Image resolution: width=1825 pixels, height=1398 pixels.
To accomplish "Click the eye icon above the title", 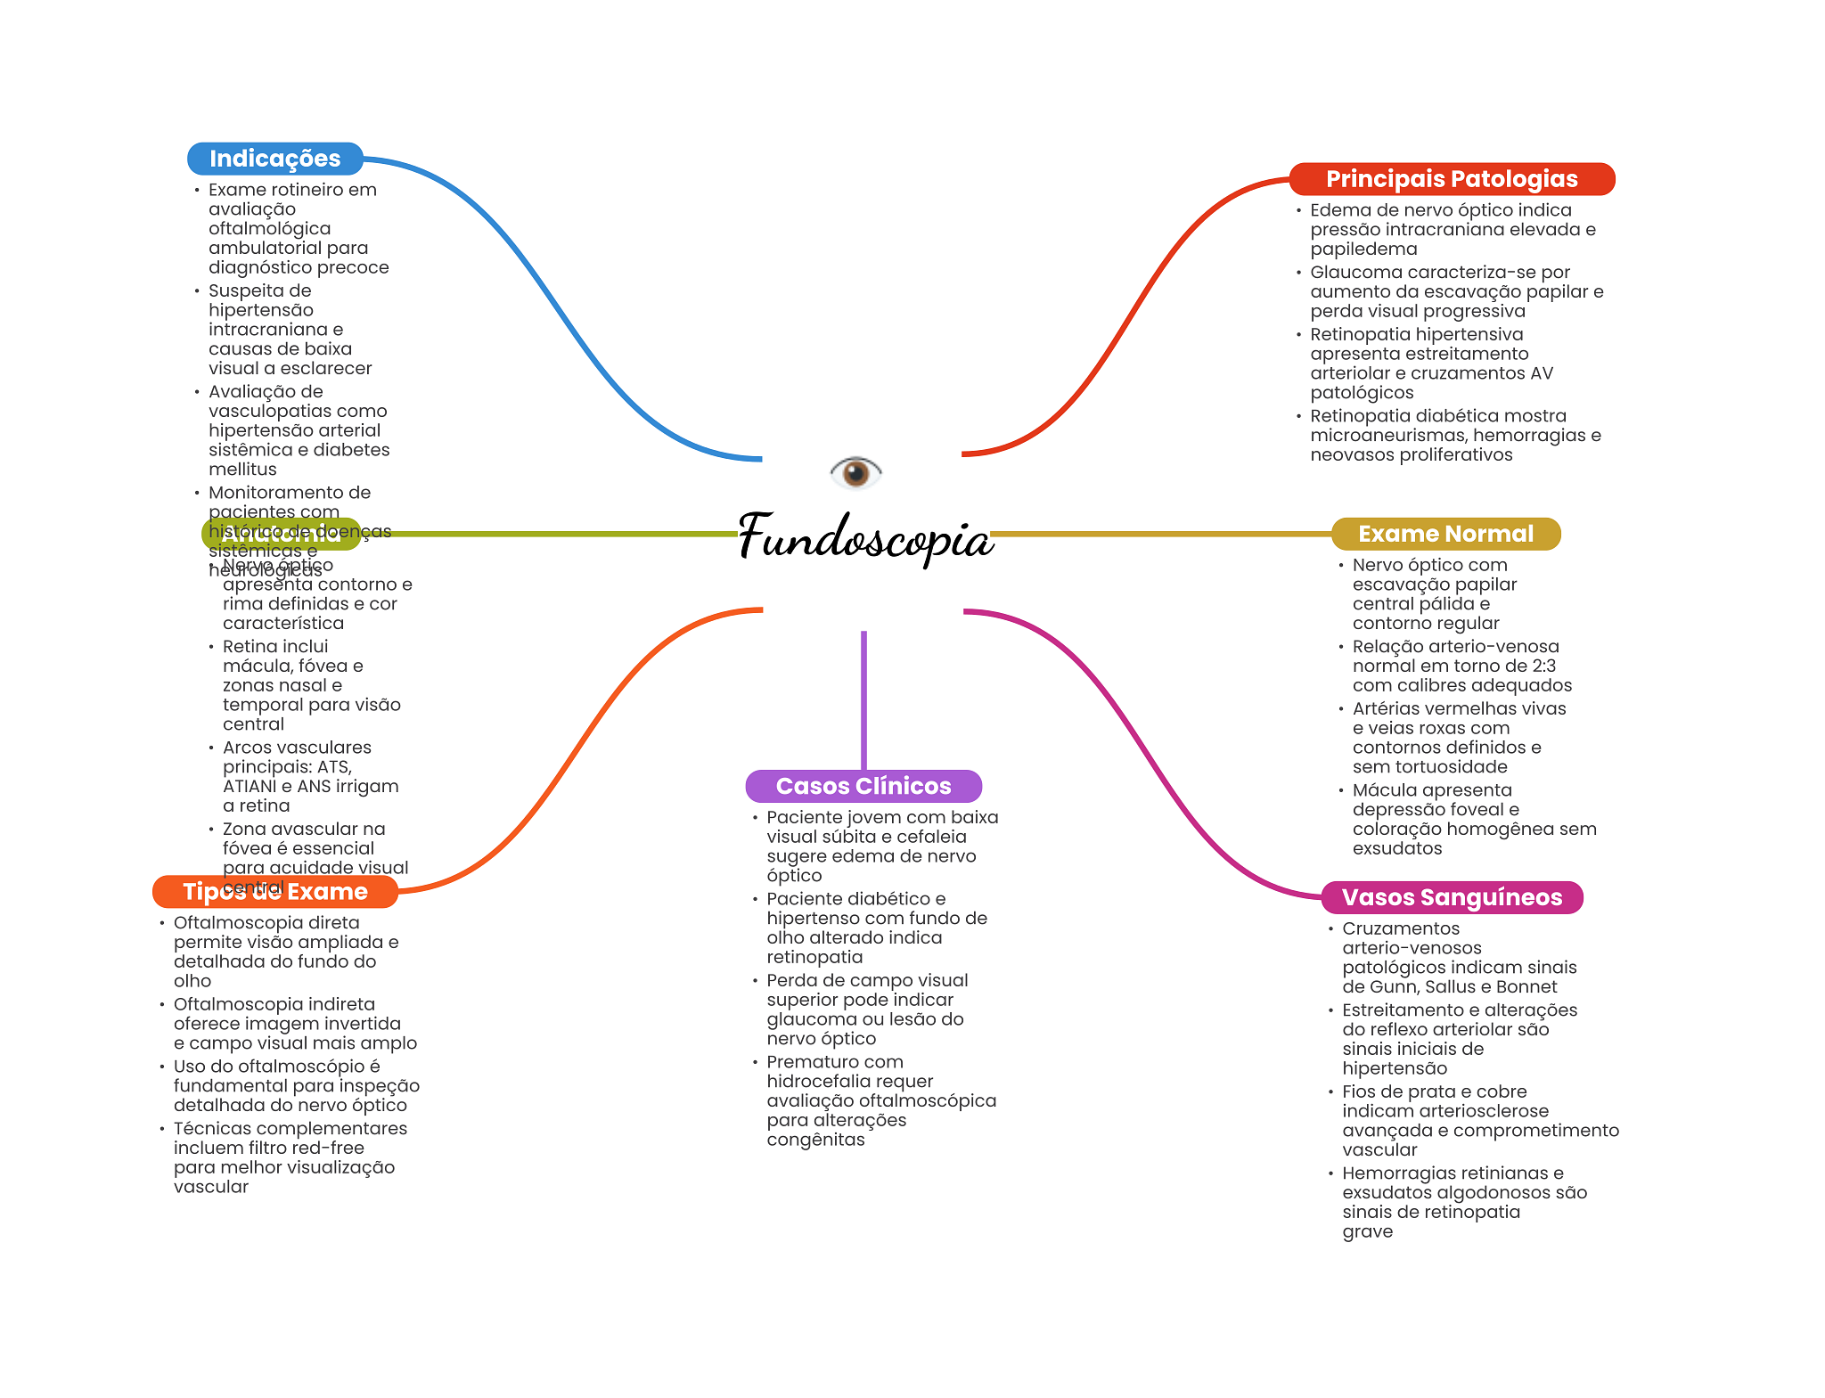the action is [x=855, y=471].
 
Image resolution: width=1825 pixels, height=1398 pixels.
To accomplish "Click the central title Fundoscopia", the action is [x=865, y=537].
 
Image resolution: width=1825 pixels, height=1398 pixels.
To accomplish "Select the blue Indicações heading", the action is [x=274, y=159].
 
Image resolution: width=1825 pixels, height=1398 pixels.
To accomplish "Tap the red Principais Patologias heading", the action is [x=1452, y=179].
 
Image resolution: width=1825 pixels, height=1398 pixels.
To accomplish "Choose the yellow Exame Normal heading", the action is [x=1445, y=534].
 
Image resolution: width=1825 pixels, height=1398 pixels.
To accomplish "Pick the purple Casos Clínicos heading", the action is [x=863, y=786].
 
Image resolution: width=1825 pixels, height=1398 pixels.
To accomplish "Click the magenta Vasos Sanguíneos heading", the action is [x=1452, y=897].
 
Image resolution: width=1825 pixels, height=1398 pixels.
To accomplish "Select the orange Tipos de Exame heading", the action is [x=274, y=892].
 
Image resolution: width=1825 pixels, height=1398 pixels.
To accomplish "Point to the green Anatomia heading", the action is [x=282, y=534].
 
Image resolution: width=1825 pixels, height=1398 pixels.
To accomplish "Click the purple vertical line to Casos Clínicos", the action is [x=863, y=699].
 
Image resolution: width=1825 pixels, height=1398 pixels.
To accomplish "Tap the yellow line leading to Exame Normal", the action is [x=1158, y=534].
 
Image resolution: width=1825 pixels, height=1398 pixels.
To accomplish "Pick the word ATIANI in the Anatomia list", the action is [x=250, y=787].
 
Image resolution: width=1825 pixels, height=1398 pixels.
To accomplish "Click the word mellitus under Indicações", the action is [x=242, y=470].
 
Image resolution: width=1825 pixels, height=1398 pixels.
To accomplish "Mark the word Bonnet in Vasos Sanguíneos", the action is [x=1526, y=987].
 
